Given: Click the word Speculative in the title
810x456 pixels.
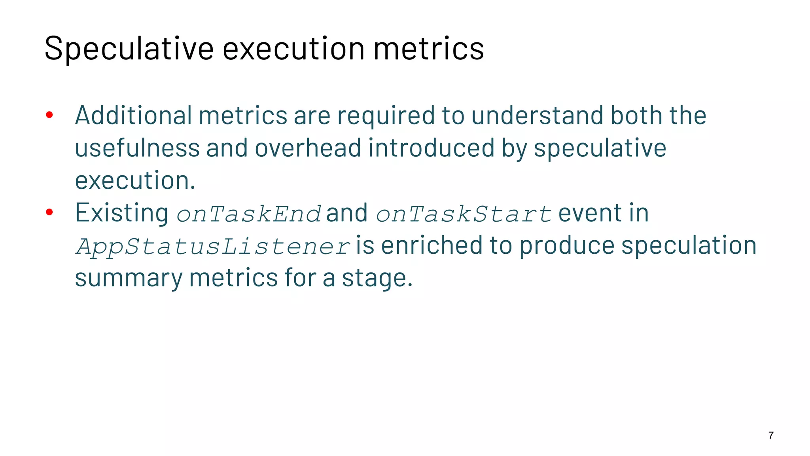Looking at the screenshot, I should [x=129, y=49].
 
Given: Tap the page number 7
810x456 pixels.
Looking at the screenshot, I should [x=771, y=435].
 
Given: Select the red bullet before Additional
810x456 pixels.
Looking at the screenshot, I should [x=49, y=115].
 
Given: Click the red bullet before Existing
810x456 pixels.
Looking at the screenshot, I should [x=49, y=213].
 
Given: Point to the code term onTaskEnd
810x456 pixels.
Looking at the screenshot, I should [x=248, y=214].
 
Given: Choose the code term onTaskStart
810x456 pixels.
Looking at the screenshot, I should [x=464, y=214].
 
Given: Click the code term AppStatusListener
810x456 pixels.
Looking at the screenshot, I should [x=213, y=246].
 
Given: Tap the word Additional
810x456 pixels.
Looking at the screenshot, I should [x=133, y=115].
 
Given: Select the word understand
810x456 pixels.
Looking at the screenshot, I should [x=537, y=115].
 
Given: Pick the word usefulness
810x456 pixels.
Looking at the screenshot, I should [x=137, y=148].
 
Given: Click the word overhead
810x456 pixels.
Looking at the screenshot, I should [x=308, y=148].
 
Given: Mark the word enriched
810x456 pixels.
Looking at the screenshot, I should [x=431, y=245].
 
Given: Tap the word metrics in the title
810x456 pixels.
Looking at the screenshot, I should [x=429, y=49].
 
